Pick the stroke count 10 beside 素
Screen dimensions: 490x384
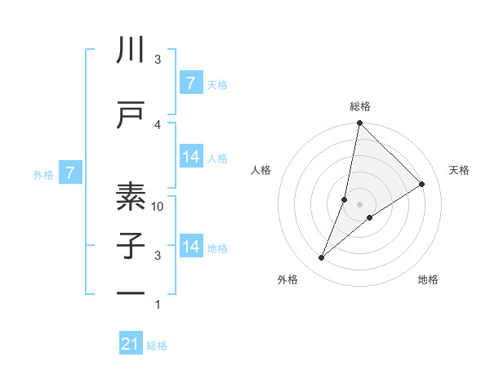[158, 207]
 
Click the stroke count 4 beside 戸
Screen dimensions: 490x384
[158, 124]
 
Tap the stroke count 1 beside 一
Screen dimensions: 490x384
[158, 305]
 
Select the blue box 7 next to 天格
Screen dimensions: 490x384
[190, 83]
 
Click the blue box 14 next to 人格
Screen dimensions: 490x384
[190, 157]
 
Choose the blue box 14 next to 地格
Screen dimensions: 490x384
[190, 247]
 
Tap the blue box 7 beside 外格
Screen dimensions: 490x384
[71, 172]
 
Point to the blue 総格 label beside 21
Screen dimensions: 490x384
[157, 346]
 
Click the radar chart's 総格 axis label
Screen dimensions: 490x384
[359, 106]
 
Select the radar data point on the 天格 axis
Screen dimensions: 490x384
[422, 185]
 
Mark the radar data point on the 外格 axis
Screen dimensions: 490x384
[322, 258]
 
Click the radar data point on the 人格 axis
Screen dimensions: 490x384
[345, 199]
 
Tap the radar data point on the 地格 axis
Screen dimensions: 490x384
[370, 217]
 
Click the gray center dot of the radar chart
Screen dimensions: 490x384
[359, 204]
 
